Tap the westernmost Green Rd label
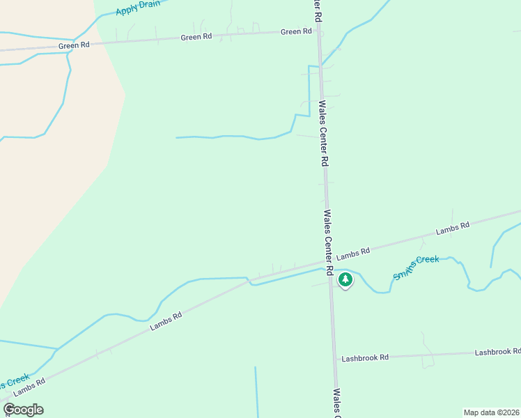point(75,45)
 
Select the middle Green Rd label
point(196,37)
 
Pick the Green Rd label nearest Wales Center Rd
point(296,31)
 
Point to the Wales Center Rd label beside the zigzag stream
point(323,132)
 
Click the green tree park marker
point(345,279)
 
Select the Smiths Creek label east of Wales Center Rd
point(416,268)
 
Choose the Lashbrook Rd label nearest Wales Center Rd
point(365,357)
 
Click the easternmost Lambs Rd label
point(453,228)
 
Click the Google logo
point(24,410)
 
